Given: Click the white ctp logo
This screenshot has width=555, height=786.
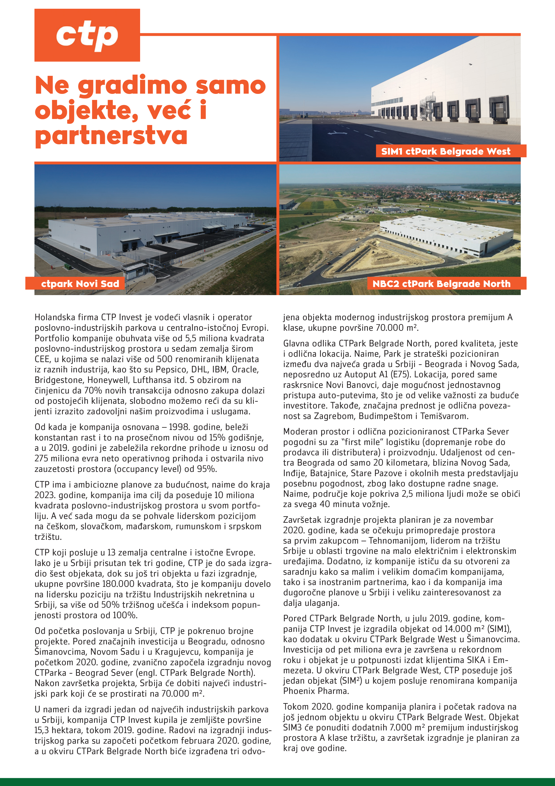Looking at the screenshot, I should (87, 35).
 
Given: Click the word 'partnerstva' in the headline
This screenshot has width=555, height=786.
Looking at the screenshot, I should (111, 135).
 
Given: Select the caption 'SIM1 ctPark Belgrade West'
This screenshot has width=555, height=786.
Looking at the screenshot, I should (446, 151).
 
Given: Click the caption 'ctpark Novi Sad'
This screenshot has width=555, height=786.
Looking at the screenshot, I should (80, 283).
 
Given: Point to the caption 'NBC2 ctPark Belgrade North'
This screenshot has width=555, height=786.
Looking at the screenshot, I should (441, 283).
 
